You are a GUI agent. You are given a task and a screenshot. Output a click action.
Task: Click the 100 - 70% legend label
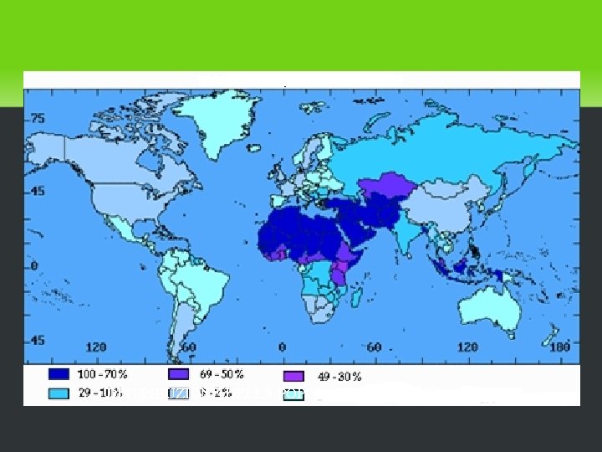click(107, 375)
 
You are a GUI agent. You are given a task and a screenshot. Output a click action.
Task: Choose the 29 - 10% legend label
click(102, 392)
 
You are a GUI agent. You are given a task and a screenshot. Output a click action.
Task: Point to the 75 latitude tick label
click(38, 118)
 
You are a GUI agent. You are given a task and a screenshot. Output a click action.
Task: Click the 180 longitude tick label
click(559, 347)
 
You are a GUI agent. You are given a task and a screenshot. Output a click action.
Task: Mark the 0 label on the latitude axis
click(35, 265)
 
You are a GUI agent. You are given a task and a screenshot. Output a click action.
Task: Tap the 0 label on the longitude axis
click(282, 347)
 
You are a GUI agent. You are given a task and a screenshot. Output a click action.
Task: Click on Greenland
click(219, 126)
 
